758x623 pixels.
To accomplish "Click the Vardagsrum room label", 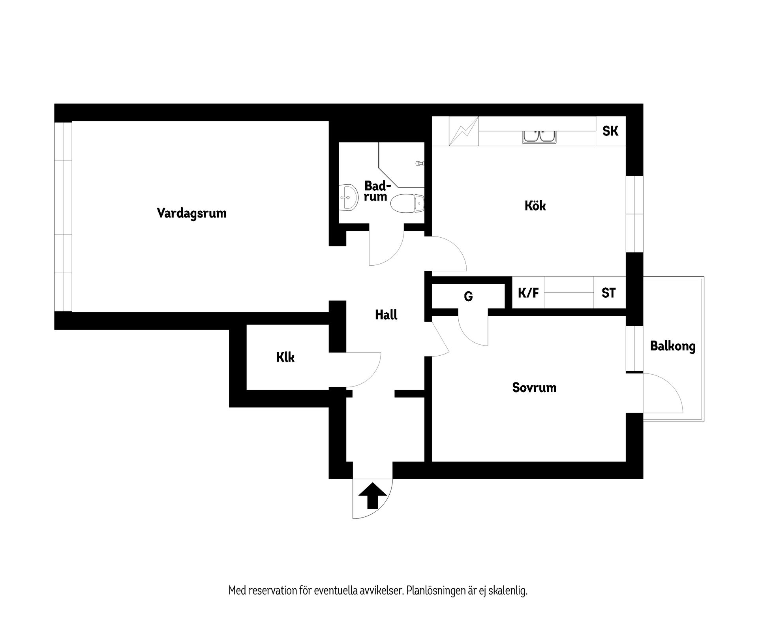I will coord(191,213).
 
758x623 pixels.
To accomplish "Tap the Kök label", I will coord(535,206).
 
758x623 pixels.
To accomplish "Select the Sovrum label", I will coord(534,387).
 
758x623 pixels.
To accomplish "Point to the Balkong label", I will coord(673,346).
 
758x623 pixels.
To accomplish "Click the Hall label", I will coord(386,315).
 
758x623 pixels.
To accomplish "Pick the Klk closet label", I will coord(285,358).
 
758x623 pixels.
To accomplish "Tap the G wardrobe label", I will coord(468,296).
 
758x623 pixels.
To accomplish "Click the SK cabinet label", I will coord(610,131).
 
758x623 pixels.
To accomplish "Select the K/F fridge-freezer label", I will coord(528,293).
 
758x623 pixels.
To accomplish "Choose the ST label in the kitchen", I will coord(608,293).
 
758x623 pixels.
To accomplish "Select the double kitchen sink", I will coord(539,136).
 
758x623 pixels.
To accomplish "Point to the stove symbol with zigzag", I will coord(464,131).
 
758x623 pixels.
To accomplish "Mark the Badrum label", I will coord(376,191).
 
